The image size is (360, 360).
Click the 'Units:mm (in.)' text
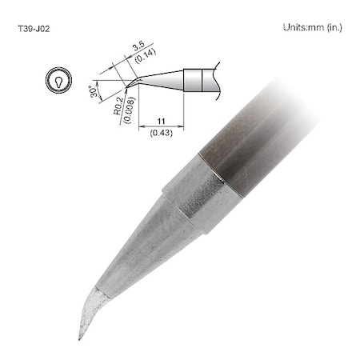coord(313,27)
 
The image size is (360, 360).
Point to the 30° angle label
coord(94,93)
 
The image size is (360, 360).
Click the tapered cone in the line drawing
coord(164,79)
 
